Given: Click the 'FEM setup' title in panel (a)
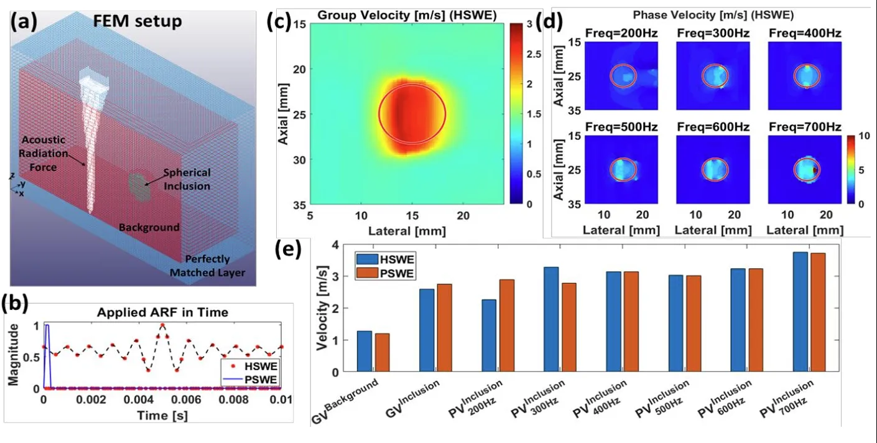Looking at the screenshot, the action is [x=137, y=21].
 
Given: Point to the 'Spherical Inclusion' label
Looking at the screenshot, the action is [x=187, y=179].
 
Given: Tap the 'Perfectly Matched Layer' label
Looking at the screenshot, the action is [x=207, y=266].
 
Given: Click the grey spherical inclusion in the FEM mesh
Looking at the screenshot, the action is [x=139, y=188].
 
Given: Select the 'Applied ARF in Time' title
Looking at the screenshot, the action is [x=162, y=312].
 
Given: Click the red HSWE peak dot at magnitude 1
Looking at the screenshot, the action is [x=162, y=325].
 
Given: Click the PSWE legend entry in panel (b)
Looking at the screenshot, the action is [x=250, y=380].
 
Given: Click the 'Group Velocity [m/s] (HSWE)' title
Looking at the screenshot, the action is [x=407, y=16].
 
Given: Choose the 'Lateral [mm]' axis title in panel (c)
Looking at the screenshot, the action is [x=407, y=231].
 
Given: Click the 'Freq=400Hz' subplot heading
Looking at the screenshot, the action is [x=805, y=34].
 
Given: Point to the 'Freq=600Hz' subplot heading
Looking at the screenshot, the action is [x=713, y=127].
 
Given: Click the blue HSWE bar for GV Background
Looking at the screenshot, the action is [x=364, y=352].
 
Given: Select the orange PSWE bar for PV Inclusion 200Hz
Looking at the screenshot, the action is [x=507, y=325].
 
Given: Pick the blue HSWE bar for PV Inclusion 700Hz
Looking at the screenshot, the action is [x=800, y=312].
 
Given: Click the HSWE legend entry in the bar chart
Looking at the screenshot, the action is [x=385, y=259].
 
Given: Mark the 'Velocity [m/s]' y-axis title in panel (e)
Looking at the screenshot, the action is [x=322, y=308].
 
